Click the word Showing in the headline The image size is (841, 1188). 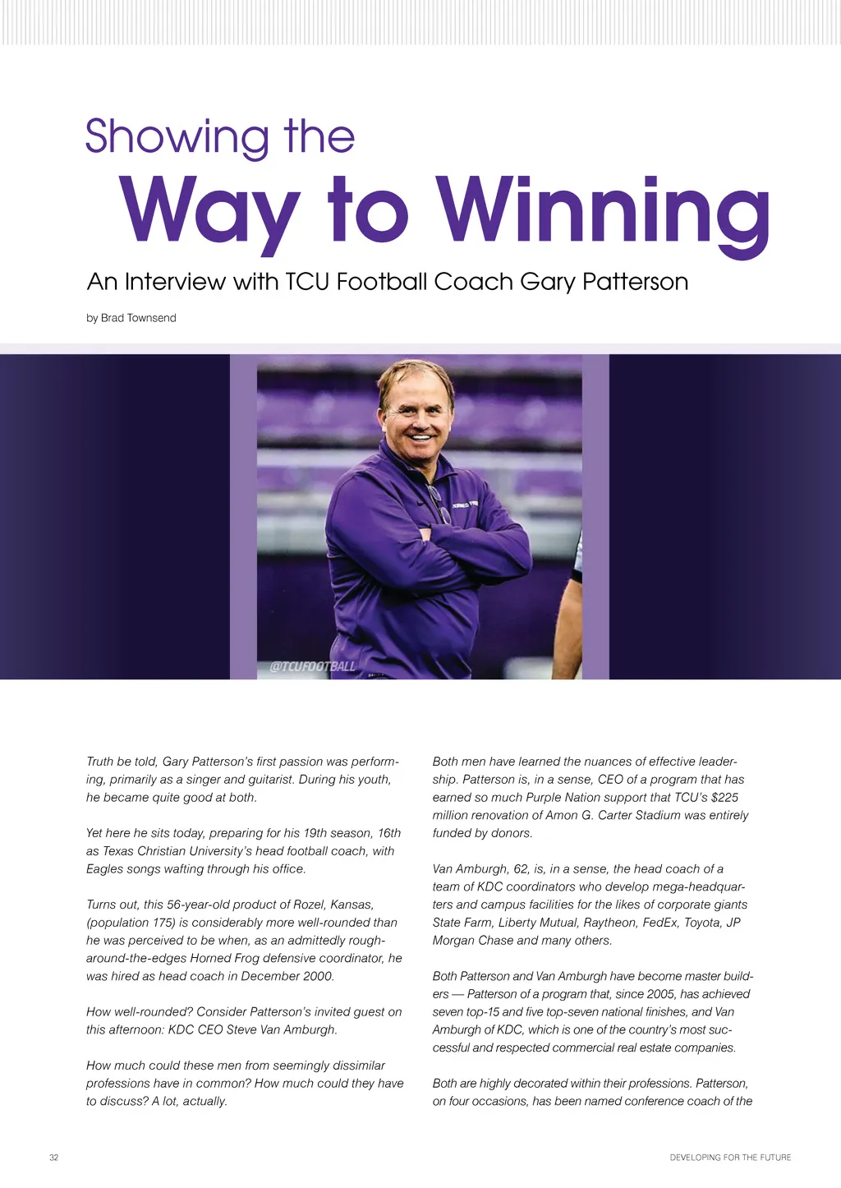coord(177,137)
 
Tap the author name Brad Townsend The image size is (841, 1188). coord(138,318)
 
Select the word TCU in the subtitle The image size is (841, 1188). coord(307,282)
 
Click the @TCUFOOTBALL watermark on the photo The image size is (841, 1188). coord(313,666)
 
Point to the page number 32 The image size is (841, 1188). coord(54,1158)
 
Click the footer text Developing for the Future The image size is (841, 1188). coord(730,1158)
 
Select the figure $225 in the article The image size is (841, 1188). coord(724,797)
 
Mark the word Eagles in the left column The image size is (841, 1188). coord(104,869)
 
